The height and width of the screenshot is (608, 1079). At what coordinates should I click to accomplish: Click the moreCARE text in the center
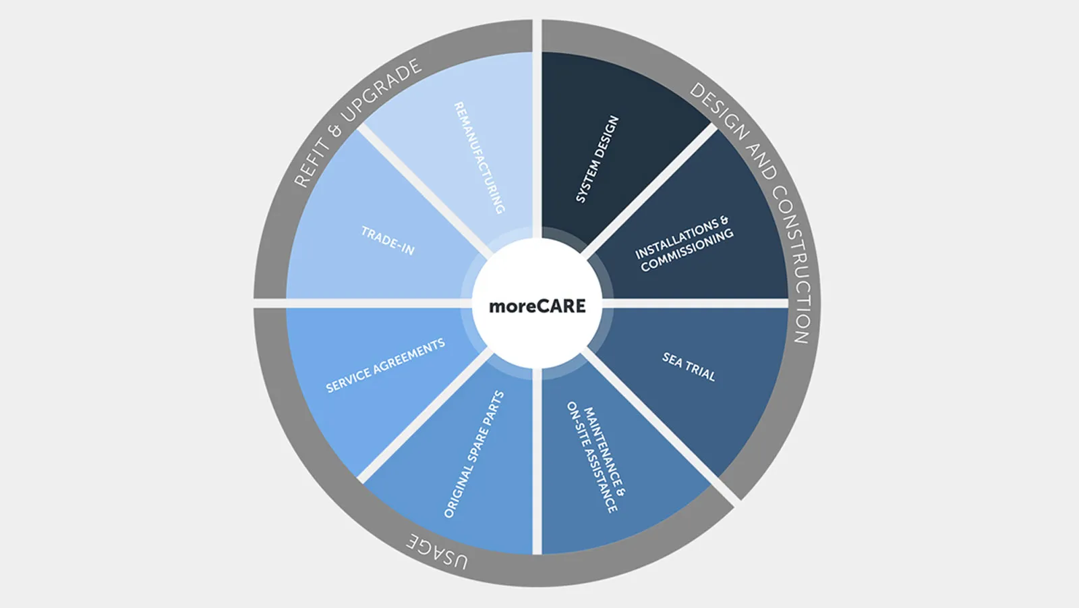click(x=537, y=306)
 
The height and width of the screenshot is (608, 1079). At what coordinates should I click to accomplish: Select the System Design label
click(x=597, y=159)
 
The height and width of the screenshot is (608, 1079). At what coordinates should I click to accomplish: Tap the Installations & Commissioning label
click(x=683, y=244)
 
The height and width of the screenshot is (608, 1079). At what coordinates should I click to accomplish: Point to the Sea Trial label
click(x=689, y=366)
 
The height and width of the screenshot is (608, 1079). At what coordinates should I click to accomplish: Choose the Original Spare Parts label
click(x=474, y=454)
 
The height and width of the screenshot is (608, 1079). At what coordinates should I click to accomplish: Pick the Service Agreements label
click(x=385, y=366)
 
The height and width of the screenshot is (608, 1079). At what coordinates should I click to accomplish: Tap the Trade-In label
click(x=388, y=241)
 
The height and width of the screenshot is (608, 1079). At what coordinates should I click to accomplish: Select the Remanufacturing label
click(x=479, y=158)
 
